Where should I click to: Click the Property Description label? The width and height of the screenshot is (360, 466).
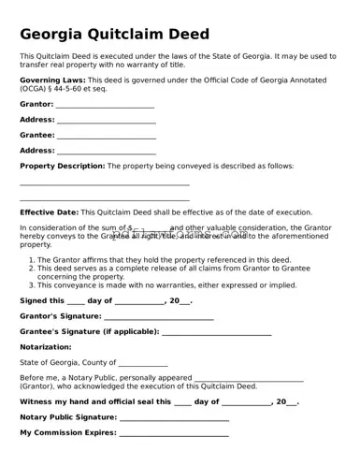[x=62, y=166]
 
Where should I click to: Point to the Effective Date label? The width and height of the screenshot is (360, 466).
[x=49, y=212]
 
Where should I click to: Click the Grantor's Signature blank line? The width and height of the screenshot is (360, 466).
[x=159, y=316]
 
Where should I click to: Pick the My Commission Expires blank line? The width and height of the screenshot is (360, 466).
[x=175, y=433]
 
